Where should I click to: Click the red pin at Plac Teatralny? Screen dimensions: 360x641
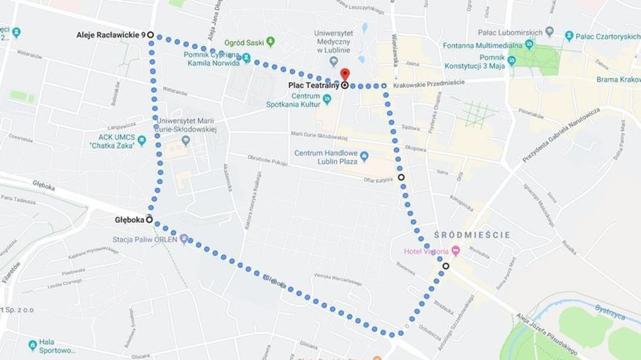[x=345, y=74]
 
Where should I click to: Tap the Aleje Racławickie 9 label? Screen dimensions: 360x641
[x=111, y=35]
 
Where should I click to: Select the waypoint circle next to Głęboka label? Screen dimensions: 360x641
[x=150, y=219]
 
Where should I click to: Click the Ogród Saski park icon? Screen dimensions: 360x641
[x=270, y=42]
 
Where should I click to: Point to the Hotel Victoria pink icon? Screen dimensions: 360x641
[x=455, y=251]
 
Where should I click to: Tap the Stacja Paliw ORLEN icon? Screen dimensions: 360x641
[x=183, y=239]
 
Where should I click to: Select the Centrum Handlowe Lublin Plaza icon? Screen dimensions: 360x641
[x=364, y=155]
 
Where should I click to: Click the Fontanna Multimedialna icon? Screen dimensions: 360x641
[x=529, y=45]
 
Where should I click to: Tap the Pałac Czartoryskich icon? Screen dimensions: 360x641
[x=569, y=36]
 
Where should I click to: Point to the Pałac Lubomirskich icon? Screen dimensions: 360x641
[x=549, y=31]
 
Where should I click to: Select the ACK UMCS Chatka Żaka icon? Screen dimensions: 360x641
[x=142, y=140]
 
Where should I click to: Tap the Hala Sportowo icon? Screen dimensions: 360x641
[x=33, y=344]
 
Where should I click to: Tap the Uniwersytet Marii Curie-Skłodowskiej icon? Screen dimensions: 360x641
[x=186, y=139]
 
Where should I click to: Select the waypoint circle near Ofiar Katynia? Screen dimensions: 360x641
[x=401, y=177]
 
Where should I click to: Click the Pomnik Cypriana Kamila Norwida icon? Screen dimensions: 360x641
[x=246, y=58]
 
